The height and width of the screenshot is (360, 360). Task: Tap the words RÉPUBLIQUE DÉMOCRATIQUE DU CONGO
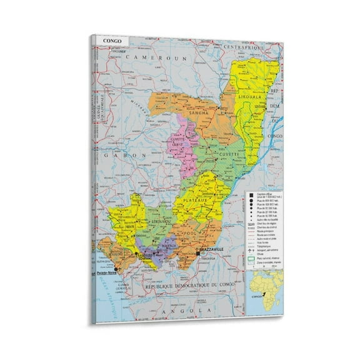coord(182,286)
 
